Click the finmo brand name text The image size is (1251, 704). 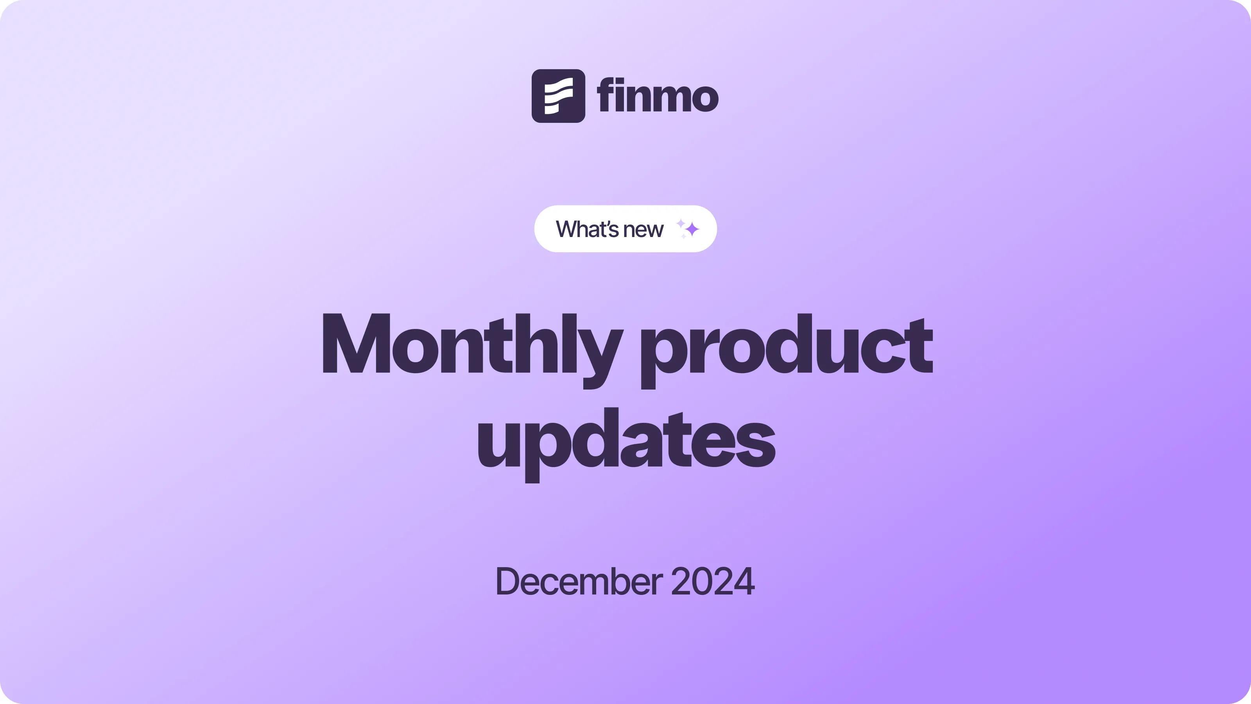click(658, 95)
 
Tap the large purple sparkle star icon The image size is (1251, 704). click(692, 229)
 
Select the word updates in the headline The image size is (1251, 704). click(626, 445)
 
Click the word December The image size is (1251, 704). click(579, 581)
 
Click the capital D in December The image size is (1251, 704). click(509, 581)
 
